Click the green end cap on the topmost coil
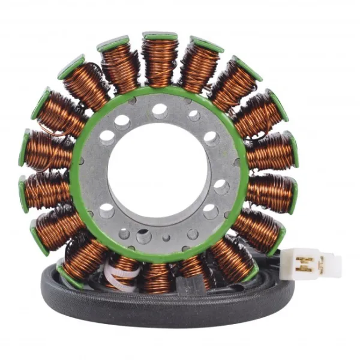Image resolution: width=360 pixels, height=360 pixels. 160,37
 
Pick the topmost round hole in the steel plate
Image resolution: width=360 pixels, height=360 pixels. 160,110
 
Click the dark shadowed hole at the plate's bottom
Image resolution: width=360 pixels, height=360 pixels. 144,236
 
